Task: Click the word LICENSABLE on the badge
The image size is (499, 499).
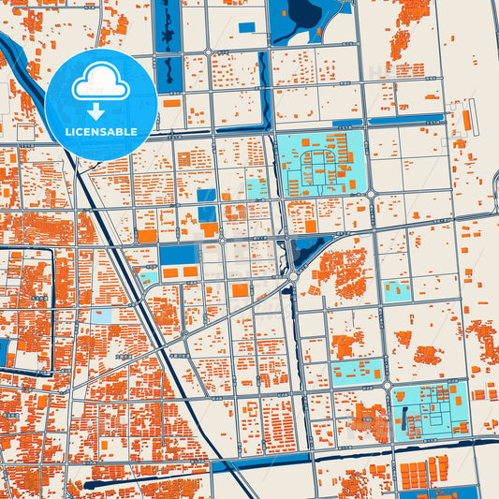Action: pyautogui.click(x=101, y=131)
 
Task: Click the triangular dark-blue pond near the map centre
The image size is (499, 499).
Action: pyautogui.click(x=301, y=251)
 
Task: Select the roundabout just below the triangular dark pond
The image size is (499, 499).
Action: pyautogui.click(x=293, y=276)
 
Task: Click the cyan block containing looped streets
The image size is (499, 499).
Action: pyautogui.click(x=320, y=164)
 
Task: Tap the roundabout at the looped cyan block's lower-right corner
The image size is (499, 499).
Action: pyautogui.click(x=372, y=195)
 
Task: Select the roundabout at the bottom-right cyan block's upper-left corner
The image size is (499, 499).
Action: pyautogui.click(x=387, y=384)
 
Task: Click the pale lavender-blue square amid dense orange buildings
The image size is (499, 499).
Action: pyautogui.click(x=101, y=316)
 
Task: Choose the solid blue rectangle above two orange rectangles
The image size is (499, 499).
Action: pyautogui.click(x=177, y=255)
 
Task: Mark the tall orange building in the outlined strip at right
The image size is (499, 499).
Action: pyautogui.click(x=463, y=123)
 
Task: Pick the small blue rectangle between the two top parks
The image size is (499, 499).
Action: pyautogui.click(x=245, y=27)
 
